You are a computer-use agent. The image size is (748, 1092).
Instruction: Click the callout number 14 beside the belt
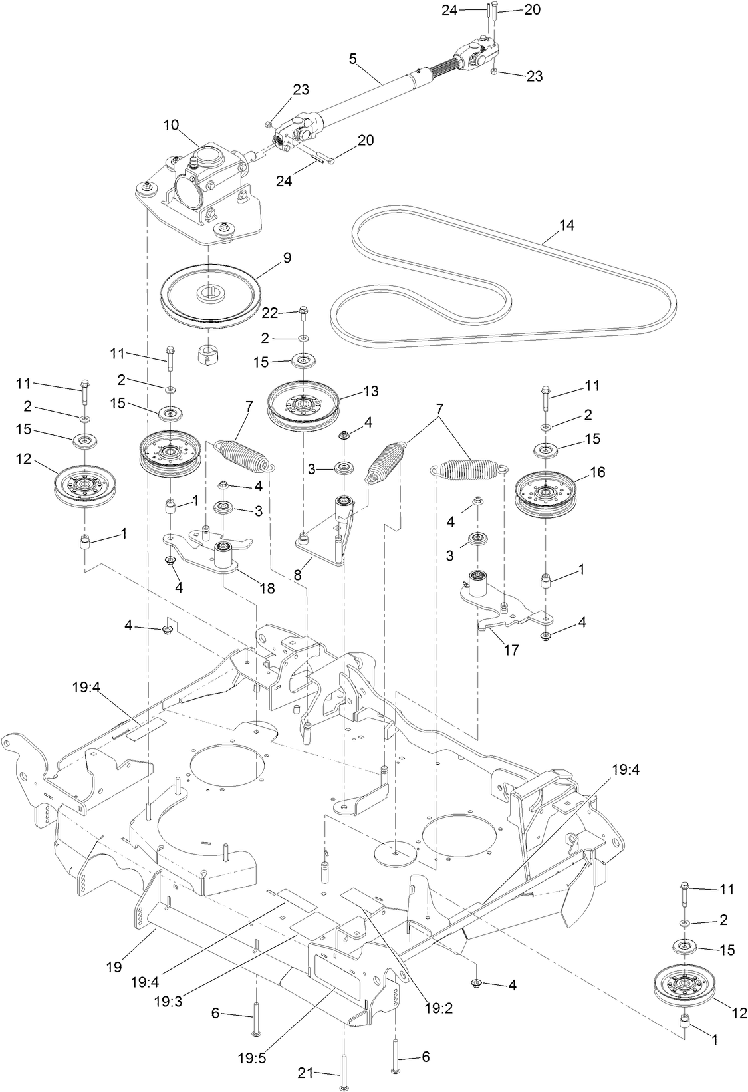click(x=566, y=226)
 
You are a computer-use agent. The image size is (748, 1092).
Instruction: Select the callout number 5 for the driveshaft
click(x=353, y=59)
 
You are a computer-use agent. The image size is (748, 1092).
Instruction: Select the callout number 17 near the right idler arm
click(x=510, y=650)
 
